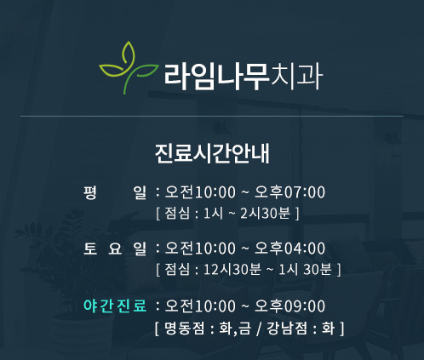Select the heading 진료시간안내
(x=212, y=154)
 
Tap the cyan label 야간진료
(x=116, y=306)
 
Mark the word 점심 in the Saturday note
(x=177, y=270)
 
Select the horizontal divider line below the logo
(x=212, y=115)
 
